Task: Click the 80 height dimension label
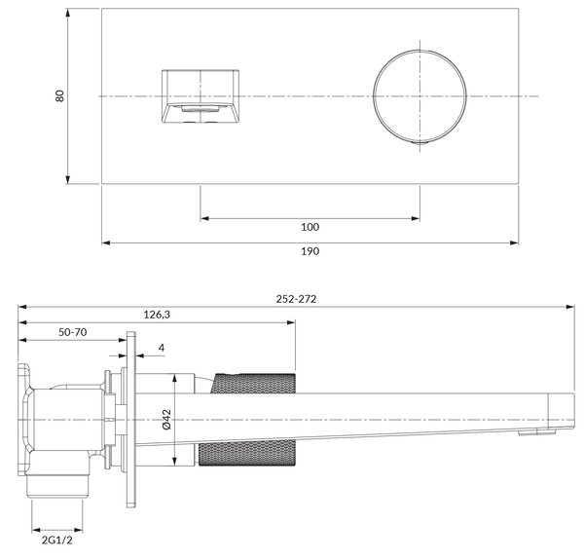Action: [59, 95]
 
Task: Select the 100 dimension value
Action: [310, 227]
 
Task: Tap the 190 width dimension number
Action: [310, 251]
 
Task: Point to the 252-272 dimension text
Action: [296, 299]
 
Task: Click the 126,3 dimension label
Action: [157, 315]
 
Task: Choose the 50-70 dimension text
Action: [73, 332]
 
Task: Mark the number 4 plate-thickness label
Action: [162, 348]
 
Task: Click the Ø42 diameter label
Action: [166, 420]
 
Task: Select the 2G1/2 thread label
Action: [57, 540]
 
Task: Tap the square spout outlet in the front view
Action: [201, 96]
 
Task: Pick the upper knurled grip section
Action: [253, 383]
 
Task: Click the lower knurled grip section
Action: [247, 453]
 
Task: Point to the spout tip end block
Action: [561, 411]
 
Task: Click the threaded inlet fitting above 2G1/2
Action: [57, 486]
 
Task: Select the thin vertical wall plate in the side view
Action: [130, 420]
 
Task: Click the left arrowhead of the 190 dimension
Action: [106, 243]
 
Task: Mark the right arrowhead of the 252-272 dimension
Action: [570, 307]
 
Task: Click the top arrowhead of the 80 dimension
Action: [67, 13]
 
